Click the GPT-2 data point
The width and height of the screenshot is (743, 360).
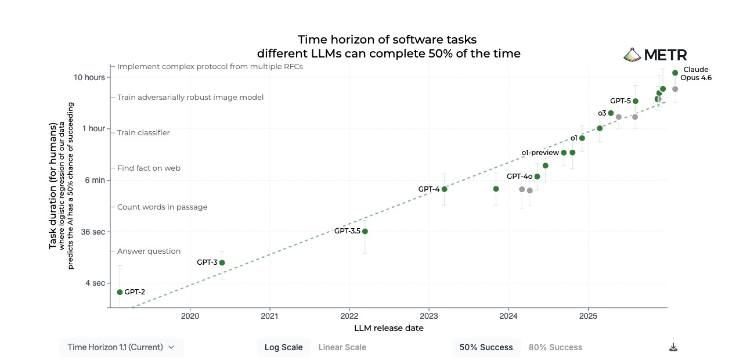click(120, 292)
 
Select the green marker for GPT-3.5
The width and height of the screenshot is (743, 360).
click(365, 231)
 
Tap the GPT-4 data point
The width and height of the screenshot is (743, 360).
click(445, 189)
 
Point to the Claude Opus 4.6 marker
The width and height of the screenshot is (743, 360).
click(675, 73)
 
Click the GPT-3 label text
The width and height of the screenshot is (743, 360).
click(207, 262)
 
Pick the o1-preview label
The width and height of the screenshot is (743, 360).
click(540, 153)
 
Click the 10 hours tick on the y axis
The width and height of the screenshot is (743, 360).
click(91, 77)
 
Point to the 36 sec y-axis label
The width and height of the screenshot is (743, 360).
click(93, 232)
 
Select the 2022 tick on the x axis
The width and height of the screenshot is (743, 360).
click(349, 316)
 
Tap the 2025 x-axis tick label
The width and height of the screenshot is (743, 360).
click(588, 316)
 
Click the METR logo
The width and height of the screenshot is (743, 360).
click(655, 55)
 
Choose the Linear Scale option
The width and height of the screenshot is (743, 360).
click(342, 347)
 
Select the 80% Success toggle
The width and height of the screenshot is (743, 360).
click(555, 347)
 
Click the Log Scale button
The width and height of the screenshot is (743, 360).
click(283, 347)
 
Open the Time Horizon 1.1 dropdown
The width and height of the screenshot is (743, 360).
click(121, 347)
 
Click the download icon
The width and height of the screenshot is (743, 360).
click(673, 347)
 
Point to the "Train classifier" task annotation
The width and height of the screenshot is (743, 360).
click(143, 133)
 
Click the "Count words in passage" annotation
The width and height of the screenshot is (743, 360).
click(162, 207)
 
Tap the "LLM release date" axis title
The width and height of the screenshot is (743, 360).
click(389, 328)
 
